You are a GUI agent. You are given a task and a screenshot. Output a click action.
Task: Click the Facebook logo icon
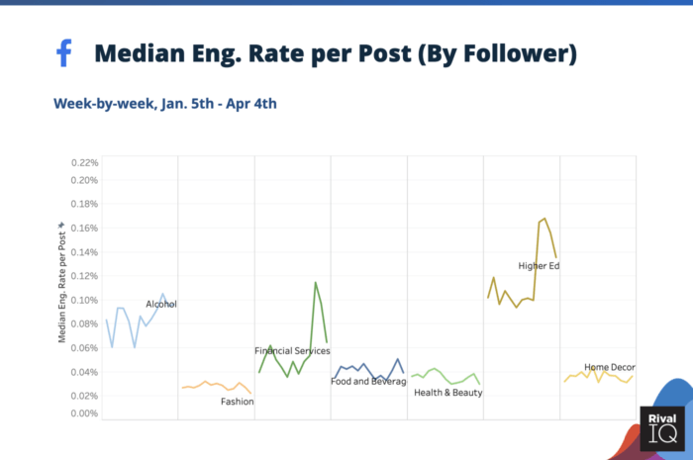[x=64, y=53]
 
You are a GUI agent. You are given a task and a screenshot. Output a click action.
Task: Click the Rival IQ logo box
[x=661, y=428]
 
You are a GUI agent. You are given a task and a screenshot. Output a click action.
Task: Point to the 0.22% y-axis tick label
[x=85, y=161]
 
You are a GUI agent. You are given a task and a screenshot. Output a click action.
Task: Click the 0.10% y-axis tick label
[x=85, y=300]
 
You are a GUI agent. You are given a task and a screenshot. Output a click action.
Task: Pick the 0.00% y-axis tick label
[x=85, y=413]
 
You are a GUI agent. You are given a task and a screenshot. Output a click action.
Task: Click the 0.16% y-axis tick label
[x=85, y=228]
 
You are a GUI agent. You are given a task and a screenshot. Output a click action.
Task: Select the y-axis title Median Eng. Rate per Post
[x=62, y=282]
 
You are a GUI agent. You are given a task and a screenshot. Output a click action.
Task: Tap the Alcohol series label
[x=161, y=304]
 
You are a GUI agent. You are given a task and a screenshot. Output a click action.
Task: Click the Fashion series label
[x=237, y=402]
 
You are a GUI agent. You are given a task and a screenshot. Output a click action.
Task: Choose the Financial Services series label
[x=292, y=351]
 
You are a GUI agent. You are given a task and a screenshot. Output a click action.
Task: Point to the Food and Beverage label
[x=368, y=381]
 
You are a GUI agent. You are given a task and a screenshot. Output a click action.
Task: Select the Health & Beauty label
[x=448, y=393]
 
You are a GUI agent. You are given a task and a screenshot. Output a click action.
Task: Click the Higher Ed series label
[x=540, y=265]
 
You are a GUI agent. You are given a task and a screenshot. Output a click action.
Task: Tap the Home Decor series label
[x=609, y=367]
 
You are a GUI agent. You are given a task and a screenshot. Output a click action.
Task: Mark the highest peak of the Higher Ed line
[x=544, y=219]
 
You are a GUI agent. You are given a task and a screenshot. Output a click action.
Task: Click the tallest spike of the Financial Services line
[x=316, y=283]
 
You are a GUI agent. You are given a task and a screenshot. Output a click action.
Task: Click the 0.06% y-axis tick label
[x=85, y=348]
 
